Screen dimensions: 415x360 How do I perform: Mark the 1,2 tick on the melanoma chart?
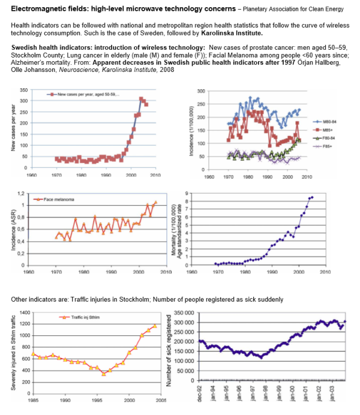(x=21, y=194)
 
